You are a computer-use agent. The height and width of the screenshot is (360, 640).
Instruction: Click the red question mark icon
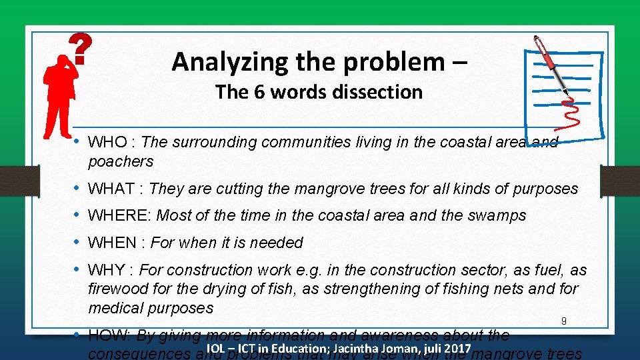pyautogui.click(x=80, y=50)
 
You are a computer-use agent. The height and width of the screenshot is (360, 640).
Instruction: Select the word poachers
pyautogui.click(x=121, y=161)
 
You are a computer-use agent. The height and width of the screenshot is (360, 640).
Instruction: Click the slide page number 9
pyautogui.click(x=563, y=321)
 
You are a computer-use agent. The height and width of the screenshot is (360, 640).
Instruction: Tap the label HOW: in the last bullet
pyautogui.click(x=110, y=335)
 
